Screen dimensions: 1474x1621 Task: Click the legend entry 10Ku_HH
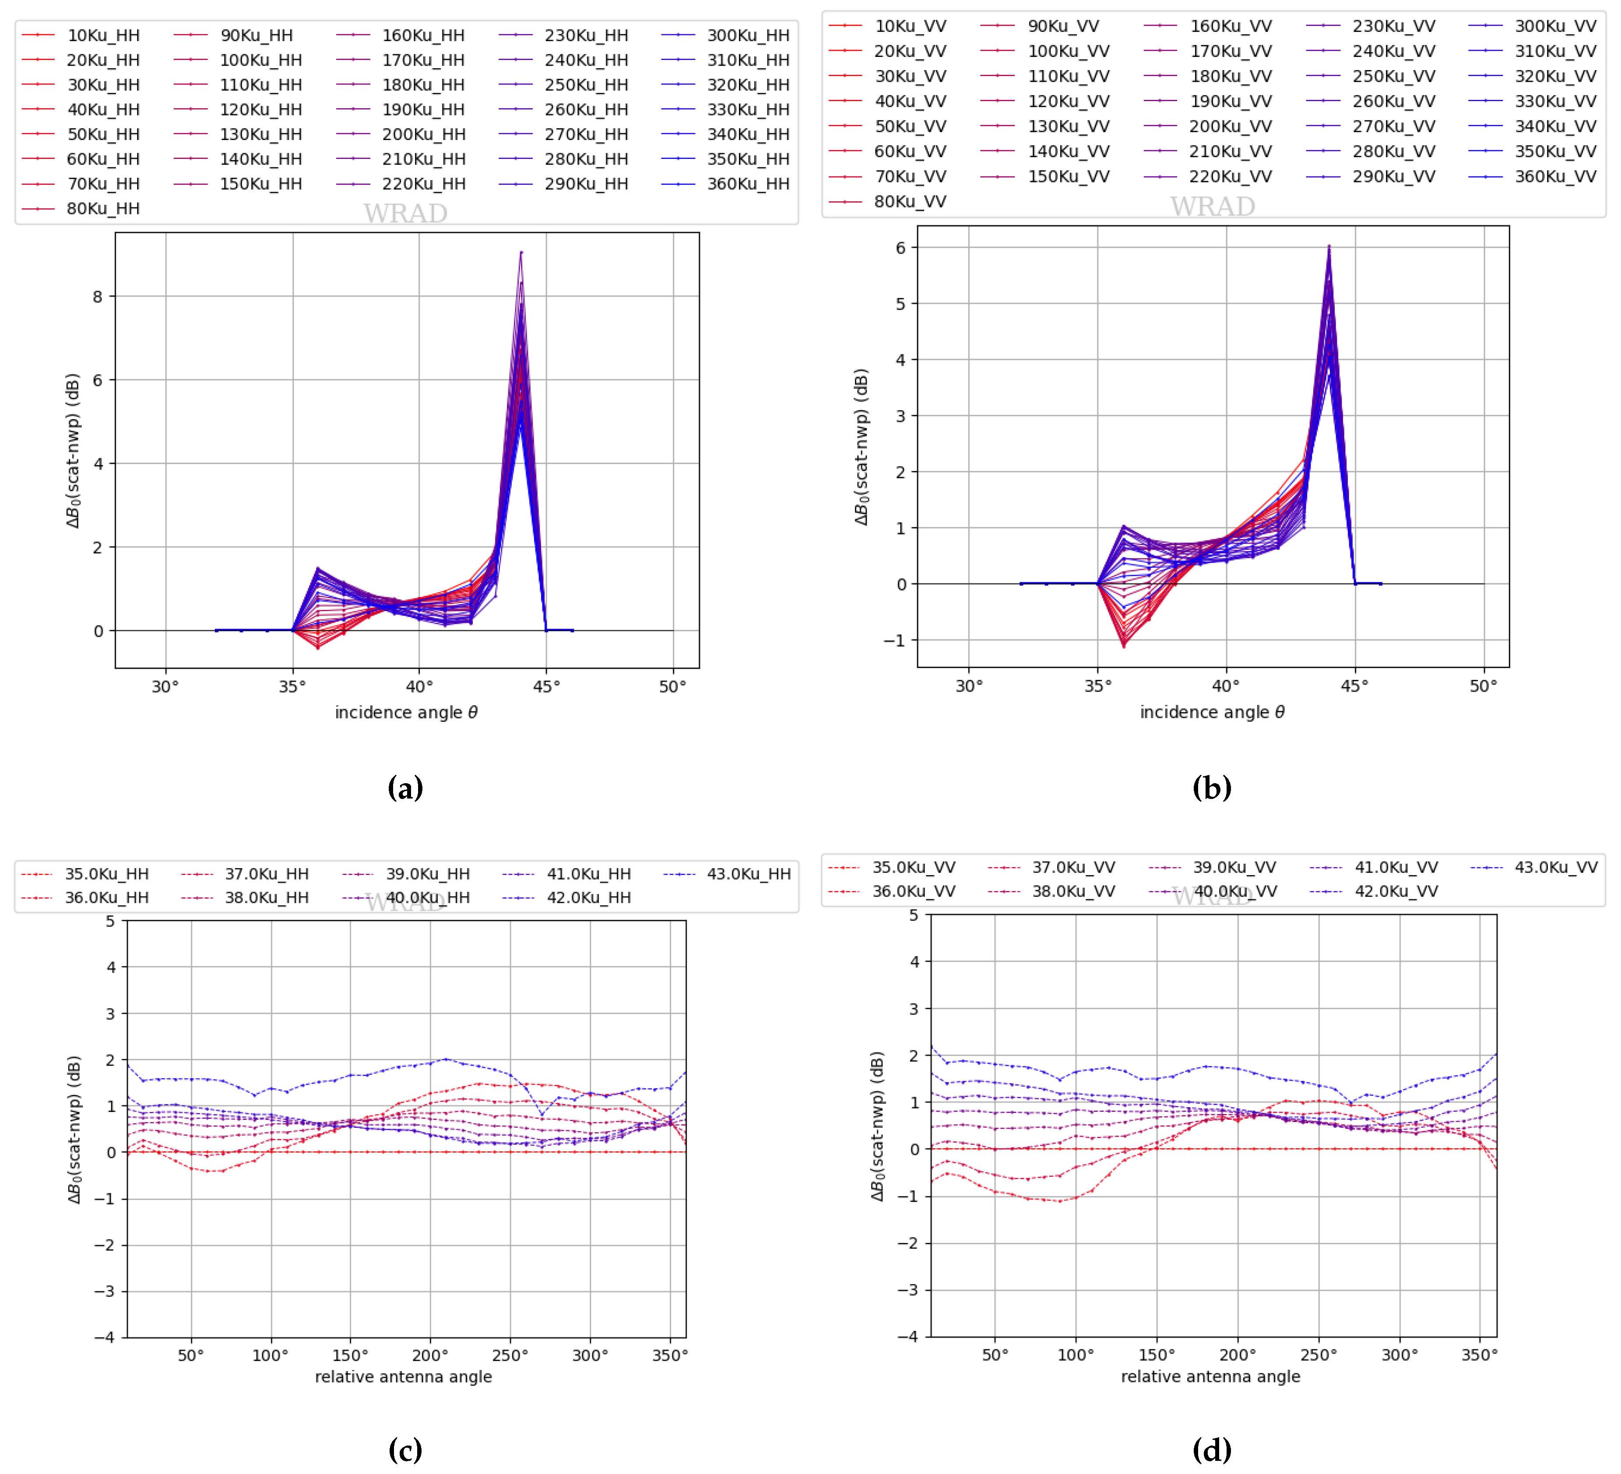pyautogui.click(x=103, y=35)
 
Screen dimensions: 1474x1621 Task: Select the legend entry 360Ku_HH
pyautogui.click(x=748, y=184)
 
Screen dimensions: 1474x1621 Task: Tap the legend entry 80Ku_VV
pyautogui.click(x=910, y=202)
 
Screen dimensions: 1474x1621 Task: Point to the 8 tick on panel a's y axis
pyautogui.click(x=98, y=297)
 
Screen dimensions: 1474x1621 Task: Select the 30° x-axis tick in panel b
pyautogui.click(x=968, y=686)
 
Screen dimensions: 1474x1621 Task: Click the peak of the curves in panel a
pyautogui.click(x=521, y=253)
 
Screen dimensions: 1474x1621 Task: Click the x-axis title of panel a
pyautogui.click(x=406, y=712)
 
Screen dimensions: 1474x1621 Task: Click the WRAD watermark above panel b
pyautogui.click(x=1212, y=207)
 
